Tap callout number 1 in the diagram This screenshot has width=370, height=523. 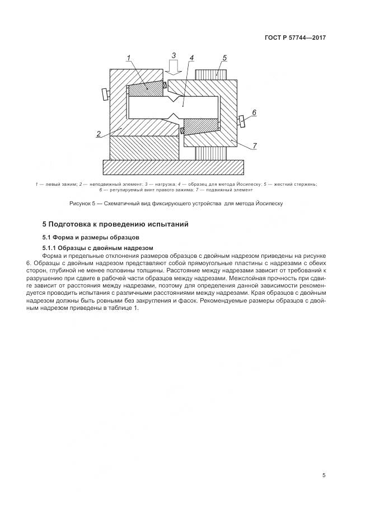tap(128, 58)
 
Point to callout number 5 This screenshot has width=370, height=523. tap(224, 58)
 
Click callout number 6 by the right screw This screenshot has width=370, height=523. tap(254, 112)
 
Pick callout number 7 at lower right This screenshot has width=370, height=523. tap(254, 146)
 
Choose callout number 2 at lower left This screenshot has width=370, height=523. tap(99, 134)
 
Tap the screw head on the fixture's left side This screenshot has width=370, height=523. tap(105, 94)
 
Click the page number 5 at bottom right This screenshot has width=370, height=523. tap(324, 475)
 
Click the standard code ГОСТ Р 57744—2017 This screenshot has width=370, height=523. tap(295, 37)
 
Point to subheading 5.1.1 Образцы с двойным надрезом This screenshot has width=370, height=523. tap(98, 248)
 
